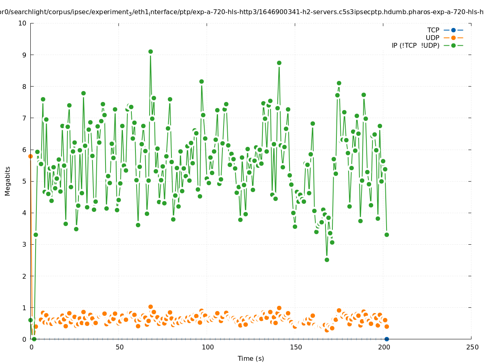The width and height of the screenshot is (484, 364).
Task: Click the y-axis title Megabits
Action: point(8,181)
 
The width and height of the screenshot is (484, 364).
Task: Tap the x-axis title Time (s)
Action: point(251,358)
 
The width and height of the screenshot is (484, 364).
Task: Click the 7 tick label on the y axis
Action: point(24,118)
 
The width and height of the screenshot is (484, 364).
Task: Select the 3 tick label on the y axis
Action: point(24,244)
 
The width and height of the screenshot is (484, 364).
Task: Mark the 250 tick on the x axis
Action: point(471,347)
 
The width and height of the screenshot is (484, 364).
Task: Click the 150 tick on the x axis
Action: point(295,347)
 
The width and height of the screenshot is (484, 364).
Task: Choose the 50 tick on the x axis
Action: point(119,347)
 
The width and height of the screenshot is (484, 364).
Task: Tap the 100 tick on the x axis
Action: point(207,347)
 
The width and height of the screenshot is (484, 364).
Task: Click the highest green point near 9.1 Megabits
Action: point(150,51)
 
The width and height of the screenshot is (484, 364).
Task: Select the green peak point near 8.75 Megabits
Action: point(279,63)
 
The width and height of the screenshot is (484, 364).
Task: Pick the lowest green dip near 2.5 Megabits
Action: point(327,260)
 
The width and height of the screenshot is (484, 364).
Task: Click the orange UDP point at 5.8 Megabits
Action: point(30,156)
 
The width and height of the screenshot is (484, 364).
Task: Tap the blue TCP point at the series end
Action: point(387,339)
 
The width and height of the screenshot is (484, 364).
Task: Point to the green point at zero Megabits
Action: point(34,339)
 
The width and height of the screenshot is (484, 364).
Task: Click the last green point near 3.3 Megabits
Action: point(387,235)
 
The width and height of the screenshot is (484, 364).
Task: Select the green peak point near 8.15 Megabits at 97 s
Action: point(201,81)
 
